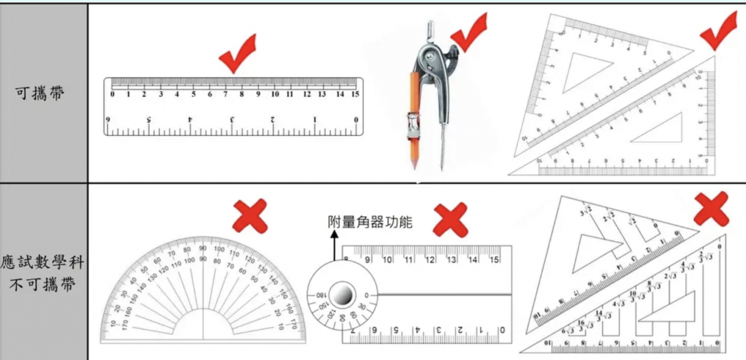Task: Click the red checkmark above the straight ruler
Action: click(237, 53)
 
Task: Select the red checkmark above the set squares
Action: click(718, 32)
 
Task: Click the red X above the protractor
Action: click(250, 216)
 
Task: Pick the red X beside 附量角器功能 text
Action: click(450, 220)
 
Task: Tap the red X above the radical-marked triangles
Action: click(711, 209)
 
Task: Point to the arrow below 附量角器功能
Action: click(334, 245)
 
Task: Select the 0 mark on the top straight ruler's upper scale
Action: click(112, 94)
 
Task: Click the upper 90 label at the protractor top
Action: click(202, 249)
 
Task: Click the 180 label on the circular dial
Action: click(321, 295)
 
